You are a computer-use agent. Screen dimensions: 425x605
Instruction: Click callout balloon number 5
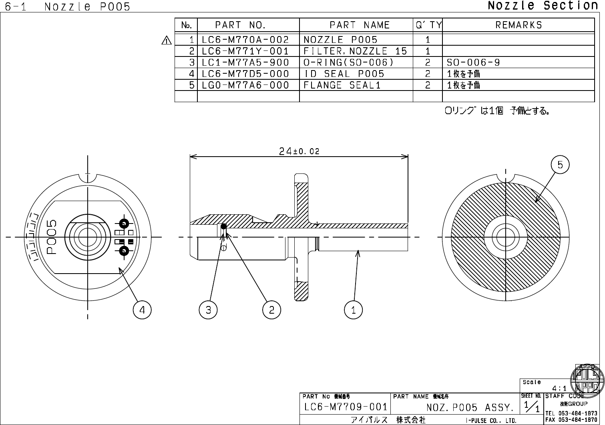560,165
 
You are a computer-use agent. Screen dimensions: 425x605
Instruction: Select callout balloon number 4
142,310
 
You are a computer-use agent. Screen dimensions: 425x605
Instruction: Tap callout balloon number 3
208,310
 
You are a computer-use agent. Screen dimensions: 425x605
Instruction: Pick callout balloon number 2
272,310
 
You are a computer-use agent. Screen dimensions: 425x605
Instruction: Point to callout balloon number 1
353,310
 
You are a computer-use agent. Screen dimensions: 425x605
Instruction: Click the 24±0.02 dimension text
299,151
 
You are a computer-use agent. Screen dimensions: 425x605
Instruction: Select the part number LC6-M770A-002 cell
245,40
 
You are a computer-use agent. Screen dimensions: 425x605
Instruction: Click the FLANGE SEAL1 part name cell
342,85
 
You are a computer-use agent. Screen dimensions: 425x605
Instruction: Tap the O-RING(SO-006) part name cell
348,62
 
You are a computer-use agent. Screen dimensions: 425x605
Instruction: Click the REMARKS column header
519,25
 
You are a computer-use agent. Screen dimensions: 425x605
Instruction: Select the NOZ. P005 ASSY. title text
470,408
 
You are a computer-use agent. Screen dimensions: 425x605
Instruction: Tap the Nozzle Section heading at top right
543,6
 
